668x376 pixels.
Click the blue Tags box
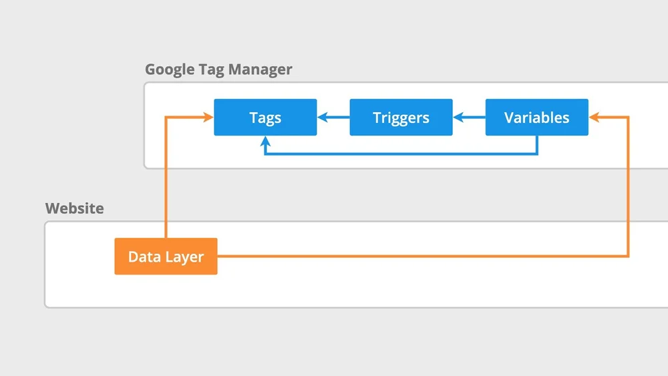pyautogui.click(x=265, y=118)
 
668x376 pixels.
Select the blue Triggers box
pyautogui.click(x=401, y=118)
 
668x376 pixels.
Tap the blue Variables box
pyautogui.click(x=536, y=118)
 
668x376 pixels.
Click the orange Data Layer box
pyautogui.click(x=166, y=256)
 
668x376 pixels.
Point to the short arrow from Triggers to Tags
pyautogui.click(x=333, y=118)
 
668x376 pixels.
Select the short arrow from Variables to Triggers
pyautogui.click(x=469, y=118)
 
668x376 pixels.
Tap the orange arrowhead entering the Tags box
pyautogui.click(x=208, y=118)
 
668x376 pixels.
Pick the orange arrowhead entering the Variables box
pyautogui.click(x=595, y=118)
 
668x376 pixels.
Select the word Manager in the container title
pyautogui.click(x=261, y=69)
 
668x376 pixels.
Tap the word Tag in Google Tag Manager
pyautogui.click(x=212, y=69)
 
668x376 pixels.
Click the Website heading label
pyautogui.click(x=74, y=208)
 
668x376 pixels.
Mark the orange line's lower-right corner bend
pyautogui.click(x=628, y=256)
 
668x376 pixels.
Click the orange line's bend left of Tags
pyautogui.click(x=166, y=118)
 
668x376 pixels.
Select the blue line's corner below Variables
pyautogui.click(x=537, y=154)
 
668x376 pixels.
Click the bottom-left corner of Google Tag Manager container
pyautogui.click(x=146, y=167)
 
